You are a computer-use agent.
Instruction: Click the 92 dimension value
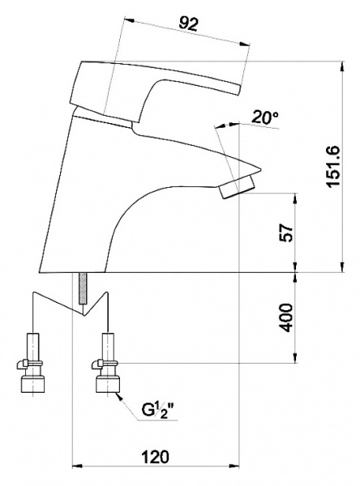coord(188,23)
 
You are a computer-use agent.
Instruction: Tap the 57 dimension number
coord(286,232)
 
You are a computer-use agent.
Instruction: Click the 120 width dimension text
coord(156,457)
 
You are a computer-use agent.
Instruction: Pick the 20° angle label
coord(264,117)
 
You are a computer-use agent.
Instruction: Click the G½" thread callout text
coord(159,410)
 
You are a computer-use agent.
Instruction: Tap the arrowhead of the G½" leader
coord(119,396)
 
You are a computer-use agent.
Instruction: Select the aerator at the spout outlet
coord(237,186)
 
